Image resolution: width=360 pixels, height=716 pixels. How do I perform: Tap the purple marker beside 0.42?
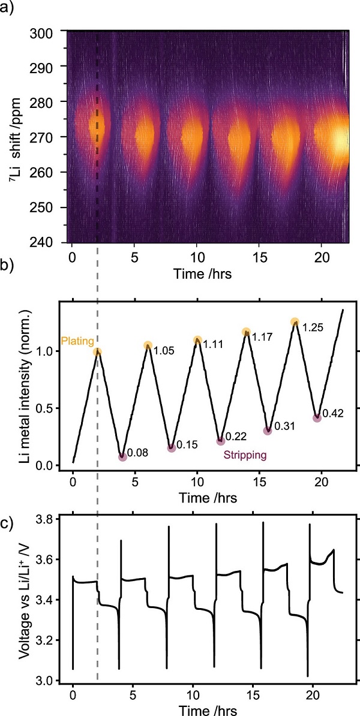[317, 418]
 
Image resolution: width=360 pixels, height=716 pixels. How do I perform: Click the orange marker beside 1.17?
[246, 332]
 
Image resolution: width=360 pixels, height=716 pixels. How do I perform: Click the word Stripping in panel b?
[245, 455]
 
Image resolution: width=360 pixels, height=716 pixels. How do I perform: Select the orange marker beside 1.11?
[197, 341]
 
